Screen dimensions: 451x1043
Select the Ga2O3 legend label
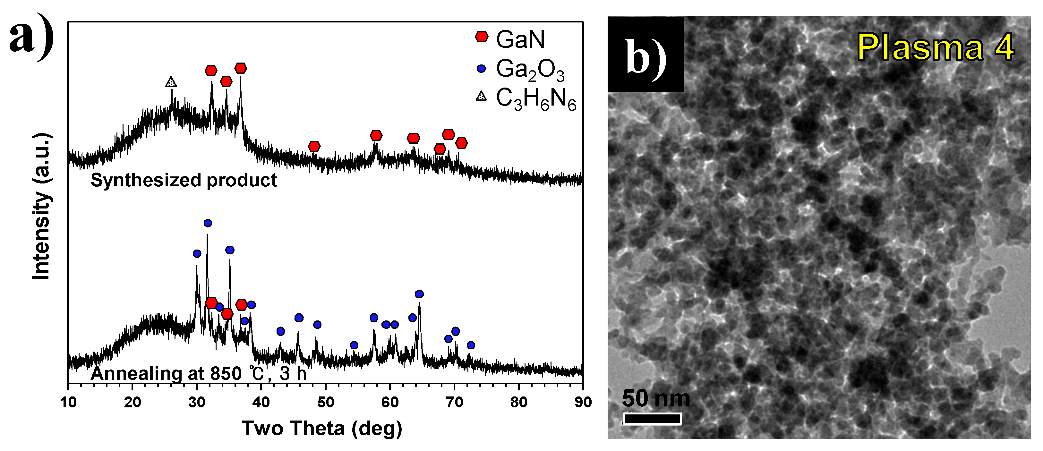click(530, 70)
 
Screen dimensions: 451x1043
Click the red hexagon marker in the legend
click(482, 37)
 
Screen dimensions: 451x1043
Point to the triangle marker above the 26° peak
click(171, 82)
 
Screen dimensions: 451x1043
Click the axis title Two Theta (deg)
click(322, 428)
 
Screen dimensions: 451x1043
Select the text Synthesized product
click(184, 180)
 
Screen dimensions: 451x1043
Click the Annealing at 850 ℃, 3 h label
click(198, 373)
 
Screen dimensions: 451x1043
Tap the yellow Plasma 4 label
click(935, 47)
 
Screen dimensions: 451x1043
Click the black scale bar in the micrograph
click(652, 419)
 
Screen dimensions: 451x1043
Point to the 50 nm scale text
click(655, 398)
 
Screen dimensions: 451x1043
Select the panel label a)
click(31, 37)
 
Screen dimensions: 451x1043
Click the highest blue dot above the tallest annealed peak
click(208, 223)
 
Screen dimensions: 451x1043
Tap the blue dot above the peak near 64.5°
click(419, 294)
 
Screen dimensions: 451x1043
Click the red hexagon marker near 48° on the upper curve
click(314, 146)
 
